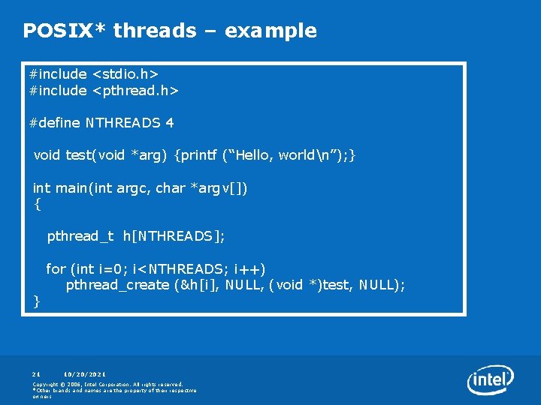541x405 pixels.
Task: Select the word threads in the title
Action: coord(154,31)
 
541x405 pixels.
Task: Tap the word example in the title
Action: coord(270,31)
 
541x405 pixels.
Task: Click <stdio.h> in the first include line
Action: coord(125,74)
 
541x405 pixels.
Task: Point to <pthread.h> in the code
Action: coord(134,91)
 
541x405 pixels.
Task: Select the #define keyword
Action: coord(54,122)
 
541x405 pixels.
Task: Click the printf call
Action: coord(200,155)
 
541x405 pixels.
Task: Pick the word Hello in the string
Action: coord(253,155)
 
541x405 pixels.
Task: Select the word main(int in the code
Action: coord(83,188)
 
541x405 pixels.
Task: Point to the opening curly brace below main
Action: coord(38,203)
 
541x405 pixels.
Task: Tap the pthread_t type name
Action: coord(80,236)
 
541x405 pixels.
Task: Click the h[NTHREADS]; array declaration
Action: coord(174,236)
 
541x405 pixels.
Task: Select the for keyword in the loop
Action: coord(56,268)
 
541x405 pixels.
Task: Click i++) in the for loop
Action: coord(249,268)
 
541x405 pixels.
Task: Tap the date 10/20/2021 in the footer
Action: coord(85,373)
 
